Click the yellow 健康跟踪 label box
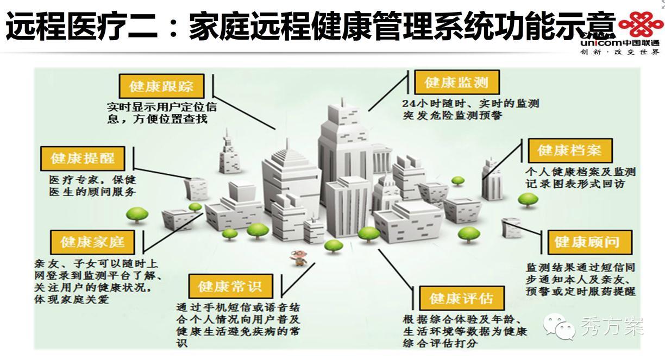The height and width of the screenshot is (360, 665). point(161,86)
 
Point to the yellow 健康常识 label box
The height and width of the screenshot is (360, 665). point(229,286)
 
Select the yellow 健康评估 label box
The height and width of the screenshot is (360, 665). point(461,298)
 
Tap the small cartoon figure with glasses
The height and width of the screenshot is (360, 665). point(297,257)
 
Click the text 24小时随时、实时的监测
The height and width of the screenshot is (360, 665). point(470,103)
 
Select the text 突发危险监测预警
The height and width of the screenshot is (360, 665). point(453,115)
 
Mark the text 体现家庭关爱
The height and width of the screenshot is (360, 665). point(72,299)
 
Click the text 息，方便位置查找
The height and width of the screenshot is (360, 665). point(158,118)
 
